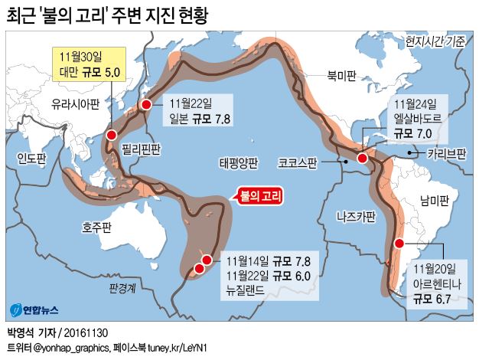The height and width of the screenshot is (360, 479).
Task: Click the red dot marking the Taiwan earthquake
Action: (112, 135)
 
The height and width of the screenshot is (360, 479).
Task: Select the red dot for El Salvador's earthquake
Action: (362, 159)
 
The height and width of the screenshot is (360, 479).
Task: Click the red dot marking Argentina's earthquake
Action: (399, 243)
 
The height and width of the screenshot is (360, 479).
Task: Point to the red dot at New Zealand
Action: (200, 267)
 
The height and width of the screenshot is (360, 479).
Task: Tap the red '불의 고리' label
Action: (260, 196)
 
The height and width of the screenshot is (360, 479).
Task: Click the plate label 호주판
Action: (97, 227)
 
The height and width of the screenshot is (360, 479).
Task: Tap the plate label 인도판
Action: (31, 159)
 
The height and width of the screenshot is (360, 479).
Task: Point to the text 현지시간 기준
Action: (435, 41)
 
